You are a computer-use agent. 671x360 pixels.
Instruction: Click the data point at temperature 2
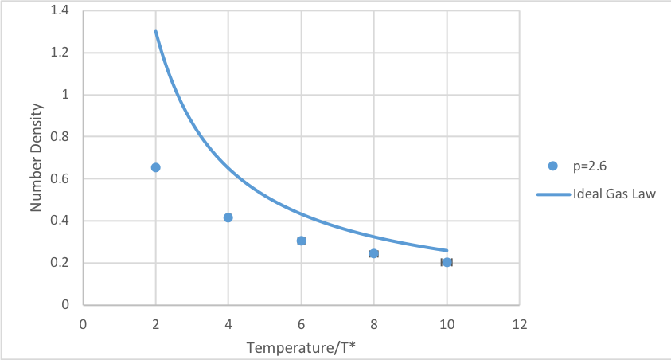(x=155, y=167)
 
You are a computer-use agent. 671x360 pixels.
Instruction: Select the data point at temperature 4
(x=228, y=217)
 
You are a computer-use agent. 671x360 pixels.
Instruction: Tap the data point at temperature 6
(x=301, y=241)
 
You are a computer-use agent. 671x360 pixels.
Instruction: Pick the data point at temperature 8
(x=374, y=253)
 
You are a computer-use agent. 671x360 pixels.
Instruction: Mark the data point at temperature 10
(x=447, y=262)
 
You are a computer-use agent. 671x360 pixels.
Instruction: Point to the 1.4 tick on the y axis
(x=59, y=11)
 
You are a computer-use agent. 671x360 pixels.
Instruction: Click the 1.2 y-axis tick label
(x=59, y=53)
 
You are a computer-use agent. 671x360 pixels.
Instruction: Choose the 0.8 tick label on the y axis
(x=59, y=137)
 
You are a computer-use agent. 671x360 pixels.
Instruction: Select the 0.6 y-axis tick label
(x=59, y=179)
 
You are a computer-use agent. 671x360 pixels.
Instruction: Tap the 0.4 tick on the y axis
(x=59, y=221)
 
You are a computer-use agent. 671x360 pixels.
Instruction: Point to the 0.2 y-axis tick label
(x=59, y=263)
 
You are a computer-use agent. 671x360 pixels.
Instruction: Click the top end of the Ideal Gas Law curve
(x=155, y=31)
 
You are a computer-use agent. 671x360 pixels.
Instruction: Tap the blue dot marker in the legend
(x=553, y=166)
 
